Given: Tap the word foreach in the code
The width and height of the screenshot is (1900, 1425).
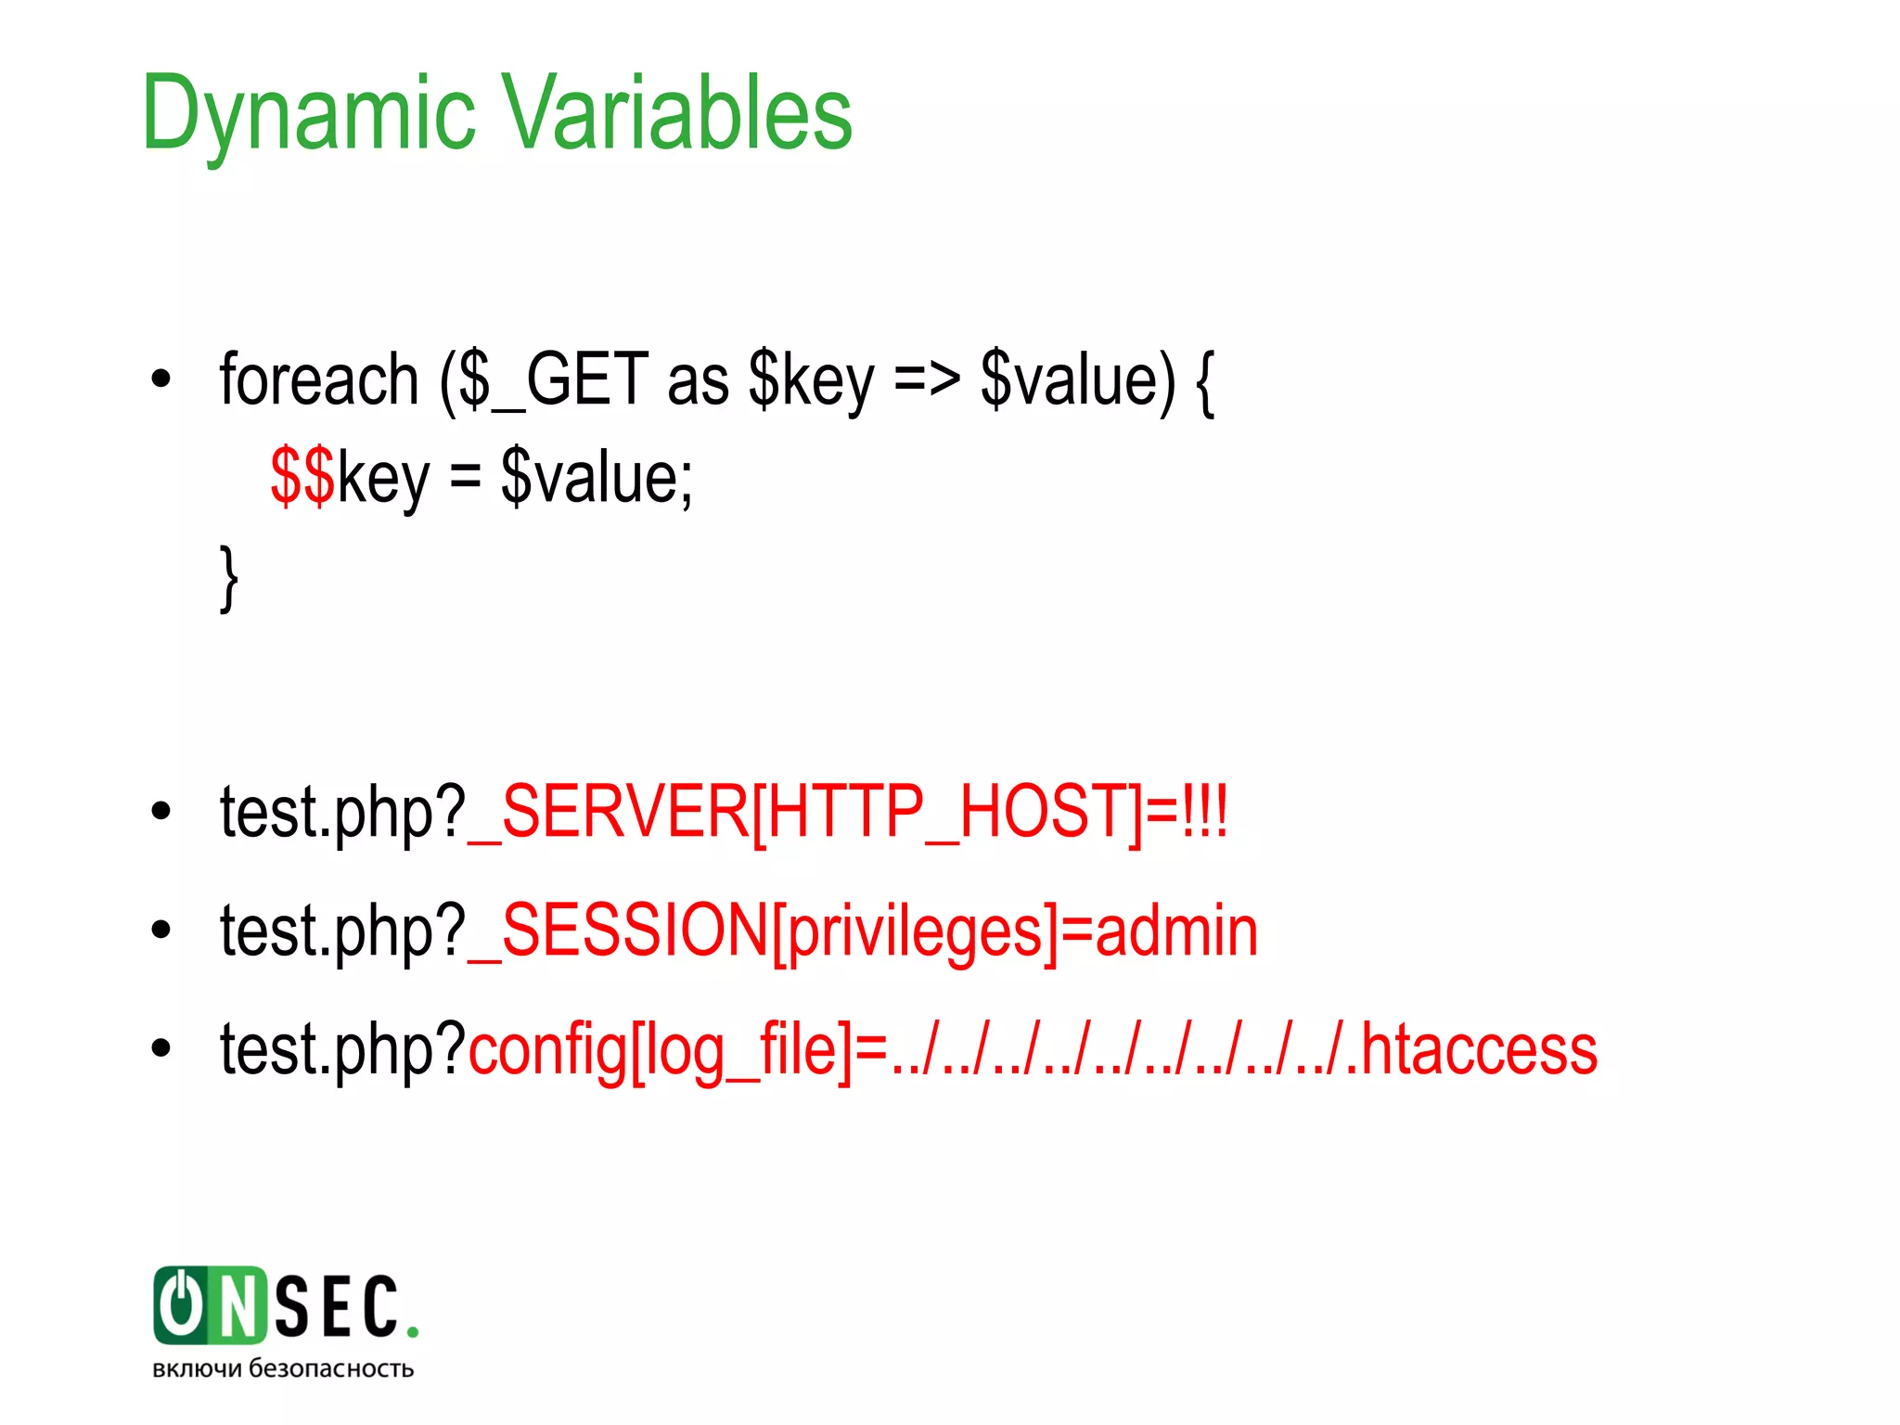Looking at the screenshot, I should [x=319, y=380].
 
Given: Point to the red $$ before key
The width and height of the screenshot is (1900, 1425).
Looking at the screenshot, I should [x=302, y=477].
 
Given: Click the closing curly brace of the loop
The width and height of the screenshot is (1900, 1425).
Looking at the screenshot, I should [x=228, y=577].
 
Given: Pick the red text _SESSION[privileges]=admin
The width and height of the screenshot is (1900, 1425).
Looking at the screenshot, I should [x=863, y=931].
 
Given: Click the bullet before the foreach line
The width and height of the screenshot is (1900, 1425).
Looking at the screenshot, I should [x=161, y=379].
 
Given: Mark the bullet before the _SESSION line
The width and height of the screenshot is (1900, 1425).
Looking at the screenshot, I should [x=161, y=929].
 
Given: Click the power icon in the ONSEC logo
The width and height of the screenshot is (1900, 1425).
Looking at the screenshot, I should [x=182, y=1304].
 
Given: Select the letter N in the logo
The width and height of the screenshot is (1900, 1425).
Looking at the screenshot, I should [x=237, y=1306].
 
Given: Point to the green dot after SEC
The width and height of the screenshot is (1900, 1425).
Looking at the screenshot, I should [x=412, y=1332].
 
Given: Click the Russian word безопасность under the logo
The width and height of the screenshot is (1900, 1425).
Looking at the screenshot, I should [x=331, y=1369].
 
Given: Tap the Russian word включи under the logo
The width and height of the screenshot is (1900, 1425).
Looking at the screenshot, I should [x=197, y=1369].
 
